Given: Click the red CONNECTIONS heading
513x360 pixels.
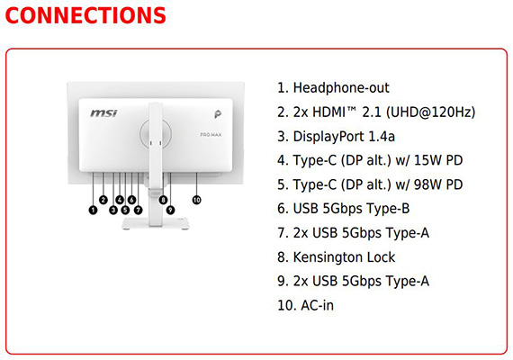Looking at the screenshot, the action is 85,15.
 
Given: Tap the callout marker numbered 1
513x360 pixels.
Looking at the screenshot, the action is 94,210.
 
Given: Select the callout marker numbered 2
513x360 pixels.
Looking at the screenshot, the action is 103,200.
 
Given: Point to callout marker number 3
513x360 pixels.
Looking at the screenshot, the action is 113,210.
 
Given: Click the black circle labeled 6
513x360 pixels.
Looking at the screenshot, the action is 131,200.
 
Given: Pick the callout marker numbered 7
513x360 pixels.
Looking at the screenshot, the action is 138,210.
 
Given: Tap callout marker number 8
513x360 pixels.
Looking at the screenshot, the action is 163,200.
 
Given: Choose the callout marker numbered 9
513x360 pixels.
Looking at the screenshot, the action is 170,210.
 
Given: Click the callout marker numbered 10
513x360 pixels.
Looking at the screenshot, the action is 196,200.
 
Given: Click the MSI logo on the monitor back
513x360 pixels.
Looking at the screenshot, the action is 103,113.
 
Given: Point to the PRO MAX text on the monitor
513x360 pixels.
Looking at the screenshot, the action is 211,134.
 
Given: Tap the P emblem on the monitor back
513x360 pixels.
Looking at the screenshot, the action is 218,114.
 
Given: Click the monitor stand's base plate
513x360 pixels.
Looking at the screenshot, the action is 155,223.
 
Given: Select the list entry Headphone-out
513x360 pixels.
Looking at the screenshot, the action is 333,87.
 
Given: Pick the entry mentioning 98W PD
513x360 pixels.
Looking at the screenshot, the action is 370,184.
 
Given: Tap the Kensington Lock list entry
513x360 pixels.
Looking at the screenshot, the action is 337,257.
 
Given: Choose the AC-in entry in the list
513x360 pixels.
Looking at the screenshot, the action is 306,305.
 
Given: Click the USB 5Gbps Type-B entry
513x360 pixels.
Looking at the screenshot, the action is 344,209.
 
